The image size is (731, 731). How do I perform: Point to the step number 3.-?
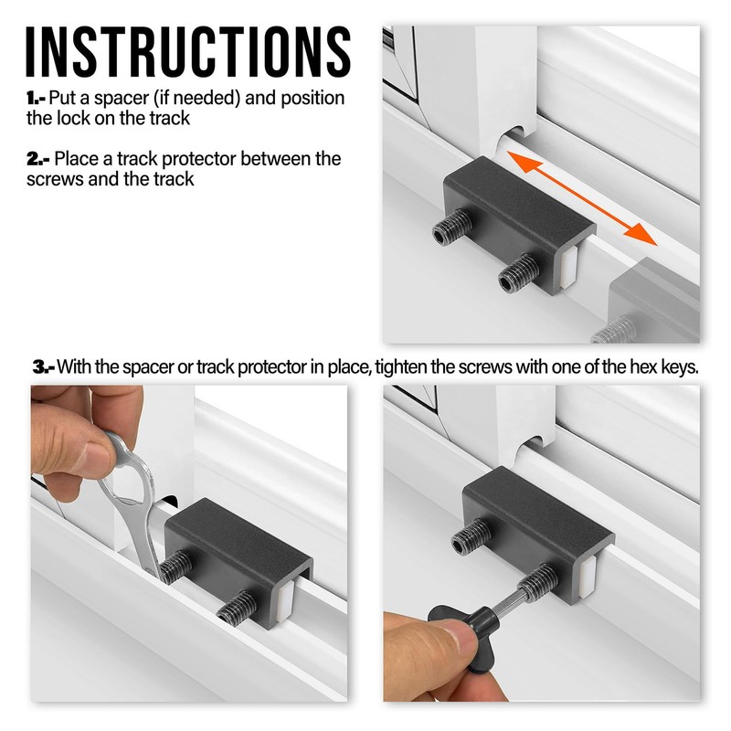coord(45,366)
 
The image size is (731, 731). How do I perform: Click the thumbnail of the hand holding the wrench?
coord(78,429)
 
